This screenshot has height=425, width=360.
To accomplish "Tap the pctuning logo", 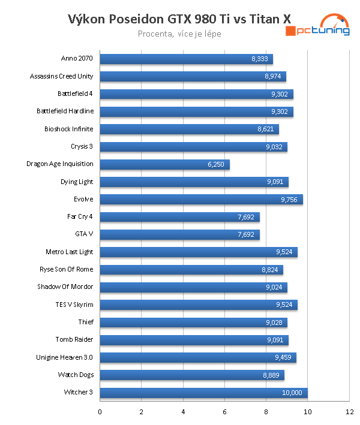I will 317,27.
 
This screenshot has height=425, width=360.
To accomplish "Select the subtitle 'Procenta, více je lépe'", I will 179,34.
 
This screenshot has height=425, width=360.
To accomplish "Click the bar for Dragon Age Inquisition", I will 164,164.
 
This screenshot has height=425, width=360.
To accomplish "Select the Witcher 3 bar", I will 203,393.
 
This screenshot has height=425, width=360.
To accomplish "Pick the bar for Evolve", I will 201,199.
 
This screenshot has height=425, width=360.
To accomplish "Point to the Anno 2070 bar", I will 186,59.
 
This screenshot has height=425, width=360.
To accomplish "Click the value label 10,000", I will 293,393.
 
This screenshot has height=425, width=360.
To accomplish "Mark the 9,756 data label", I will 289,199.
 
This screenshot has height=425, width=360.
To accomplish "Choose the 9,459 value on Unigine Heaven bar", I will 283,358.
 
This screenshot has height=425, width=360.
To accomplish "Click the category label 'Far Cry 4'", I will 80,216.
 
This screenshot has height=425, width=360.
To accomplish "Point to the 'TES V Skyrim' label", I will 74,305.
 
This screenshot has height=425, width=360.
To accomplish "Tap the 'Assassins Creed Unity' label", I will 62,76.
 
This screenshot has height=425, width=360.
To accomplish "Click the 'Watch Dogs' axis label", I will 76,375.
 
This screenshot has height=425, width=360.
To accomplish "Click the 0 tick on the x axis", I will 100,412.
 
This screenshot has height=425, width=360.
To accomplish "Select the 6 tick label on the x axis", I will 224,412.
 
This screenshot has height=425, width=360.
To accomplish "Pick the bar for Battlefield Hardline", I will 196,111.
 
